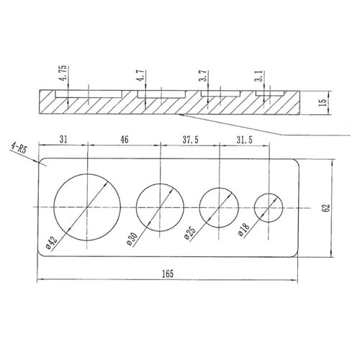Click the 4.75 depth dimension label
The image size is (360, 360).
coord(63,73)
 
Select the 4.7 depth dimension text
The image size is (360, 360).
coord(140,76)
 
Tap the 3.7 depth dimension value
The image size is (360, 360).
coord(202,76)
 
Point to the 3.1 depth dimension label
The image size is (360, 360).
coord(260,76)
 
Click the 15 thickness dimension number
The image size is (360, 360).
coord(323,102)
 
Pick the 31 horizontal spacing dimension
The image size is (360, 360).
coord(63,139)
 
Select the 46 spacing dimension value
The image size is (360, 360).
coord(124,139)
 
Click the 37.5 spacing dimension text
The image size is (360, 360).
coord(190,140)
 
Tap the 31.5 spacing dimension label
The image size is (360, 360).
coord(245,140)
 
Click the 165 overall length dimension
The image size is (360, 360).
coord(167,274)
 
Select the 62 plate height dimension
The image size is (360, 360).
coord(327,208)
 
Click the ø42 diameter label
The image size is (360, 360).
coord(51,243)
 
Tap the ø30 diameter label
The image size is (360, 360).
coord(132,239)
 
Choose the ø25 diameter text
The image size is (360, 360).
coord(190,233)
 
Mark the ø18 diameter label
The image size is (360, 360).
coord(244,229)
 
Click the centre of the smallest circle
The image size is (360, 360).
coord(269,208)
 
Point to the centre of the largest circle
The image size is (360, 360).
coord(87,207)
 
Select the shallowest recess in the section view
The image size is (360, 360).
coord(270,94)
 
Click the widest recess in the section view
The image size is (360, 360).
coord(89,94)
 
